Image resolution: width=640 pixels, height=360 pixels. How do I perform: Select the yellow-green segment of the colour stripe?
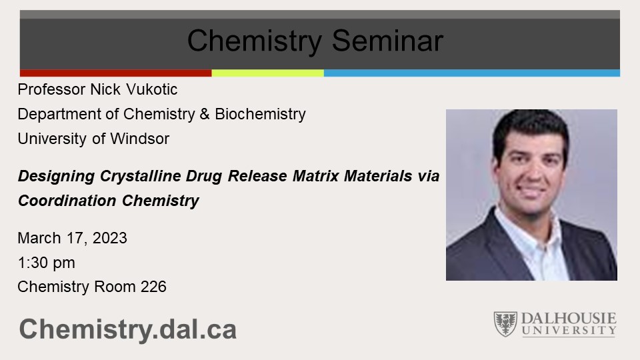tap(267, 73)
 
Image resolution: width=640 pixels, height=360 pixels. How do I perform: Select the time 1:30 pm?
tap(46, 263)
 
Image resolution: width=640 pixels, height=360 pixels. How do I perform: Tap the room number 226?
tap(153, 287)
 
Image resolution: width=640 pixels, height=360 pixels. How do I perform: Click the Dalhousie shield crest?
tap(505, 324)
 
